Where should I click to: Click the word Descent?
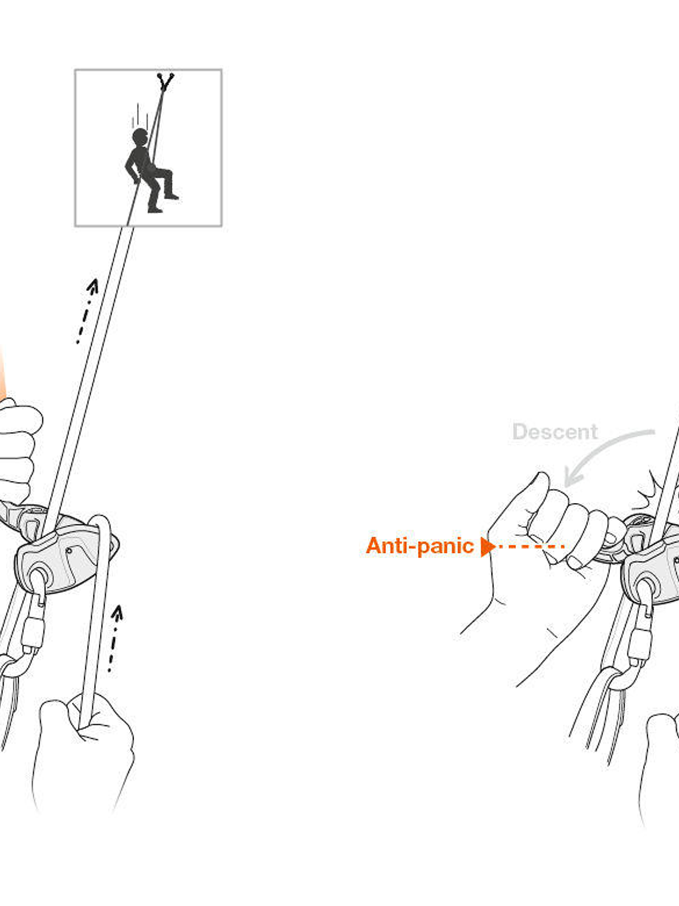(555, 432)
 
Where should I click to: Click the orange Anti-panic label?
(419, 546)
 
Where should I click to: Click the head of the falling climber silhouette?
(141, 136)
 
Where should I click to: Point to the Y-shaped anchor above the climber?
(165, 80)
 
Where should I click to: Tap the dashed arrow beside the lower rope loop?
(114, 638)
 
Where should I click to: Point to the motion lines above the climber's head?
(138, 115)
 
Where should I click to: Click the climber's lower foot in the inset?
(155, 209)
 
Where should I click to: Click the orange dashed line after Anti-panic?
(530, 547)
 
